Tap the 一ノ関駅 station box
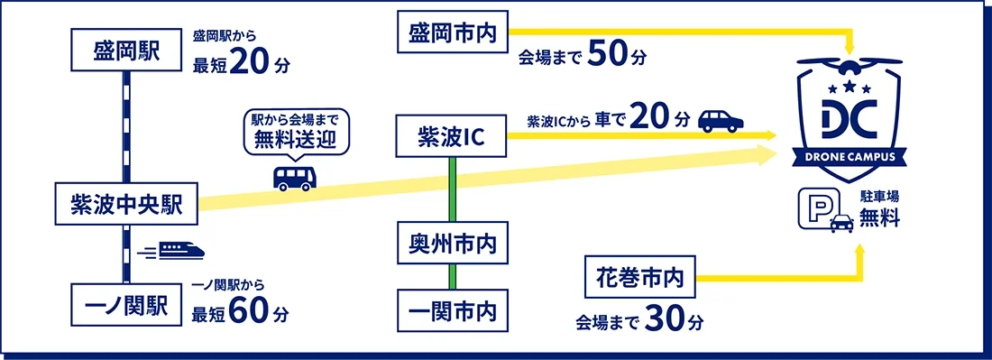point(125,305)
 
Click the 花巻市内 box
point(640,278)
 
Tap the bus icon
point(295,177)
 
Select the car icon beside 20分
point(721,119)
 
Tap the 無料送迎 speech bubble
point(295,131)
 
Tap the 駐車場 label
point(879,195)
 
